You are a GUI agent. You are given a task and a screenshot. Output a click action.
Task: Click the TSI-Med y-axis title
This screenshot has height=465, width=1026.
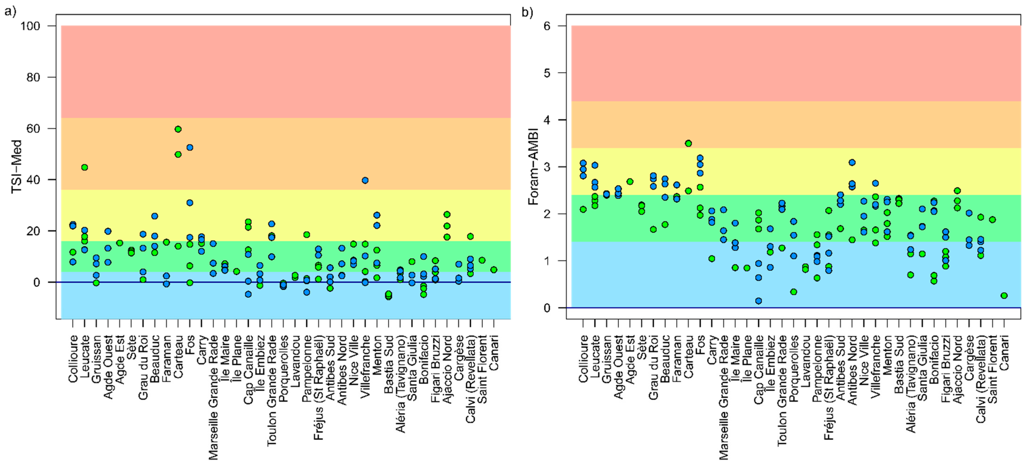[x=16, y=166]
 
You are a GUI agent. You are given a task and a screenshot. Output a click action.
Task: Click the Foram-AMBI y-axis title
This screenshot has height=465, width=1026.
[x=533, y=166]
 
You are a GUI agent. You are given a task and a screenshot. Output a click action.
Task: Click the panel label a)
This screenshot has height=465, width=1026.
[x=10, y=12]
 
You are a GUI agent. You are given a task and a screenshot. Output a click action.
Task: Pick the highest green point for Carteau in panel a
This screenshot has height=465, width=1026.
[x=178, y=129]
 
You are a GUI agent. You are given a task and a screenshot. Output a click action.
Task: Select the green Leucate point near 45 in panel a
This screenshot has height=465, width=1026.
[x=84, y=167]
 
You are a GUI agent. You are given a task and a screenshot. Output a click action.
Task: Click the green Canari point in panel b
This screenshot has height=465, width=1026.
[x=1004, y=296]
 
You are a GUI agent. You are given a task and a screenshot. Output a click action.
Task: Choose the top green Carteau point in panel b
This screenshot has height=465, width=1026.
[x=688, y=143]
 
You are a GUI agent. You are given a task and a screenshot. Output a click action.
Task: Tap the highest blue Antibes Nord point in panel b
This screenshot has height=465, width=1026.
[x=852, y=162]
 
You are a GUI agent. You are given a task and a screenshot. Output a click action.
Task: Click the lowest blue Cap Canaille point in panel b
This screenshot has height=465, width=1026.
[x=758, y=301]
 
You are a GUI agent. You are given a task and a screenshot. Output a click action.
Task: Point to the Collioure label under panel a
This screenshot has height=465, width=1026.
[x=73, y=359]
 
